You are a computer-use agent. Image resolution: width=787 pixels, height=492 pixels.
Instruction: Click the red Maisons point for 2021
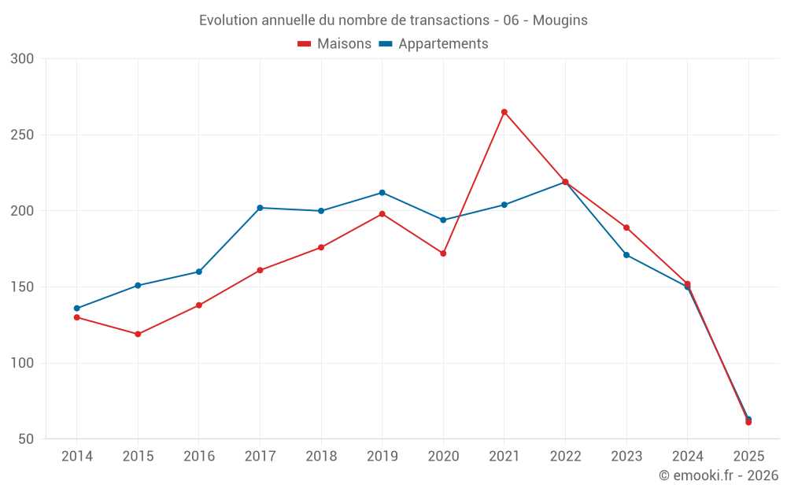pos(504,112)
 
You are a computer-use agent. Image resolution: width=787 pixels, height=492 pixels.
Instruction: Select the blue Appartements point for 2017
pos(260,208)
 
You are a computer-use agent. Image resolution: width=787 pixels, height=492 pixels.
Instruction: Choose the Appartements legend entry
pos(434,44)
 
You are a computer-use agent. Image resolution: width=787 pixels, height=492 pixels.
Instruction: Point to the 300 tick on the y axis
pos(23,59)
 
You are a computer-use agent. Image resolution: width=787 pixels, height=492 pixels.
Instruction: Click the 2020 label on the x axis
pos(443,457)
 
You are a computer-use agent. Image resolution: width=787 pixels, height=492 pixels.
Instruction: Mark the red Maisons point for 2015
pos(138,334)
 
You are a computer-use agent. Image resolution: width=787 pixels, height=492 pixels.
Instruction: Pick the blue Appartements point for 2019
pos(382,193)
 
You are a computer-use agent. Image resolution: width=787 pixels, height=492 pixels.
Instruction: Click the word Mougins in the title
pos(560,20)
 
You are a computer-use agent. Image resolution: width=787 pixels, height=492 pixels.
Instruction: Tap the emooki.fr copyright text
pos(719,475)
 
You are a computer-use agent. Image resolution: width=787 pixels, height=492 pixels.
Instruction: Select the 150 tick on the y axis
pos(23,287)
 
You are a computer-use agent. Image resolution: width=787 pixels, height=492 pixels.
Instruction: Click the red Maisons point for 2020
pos(443,253)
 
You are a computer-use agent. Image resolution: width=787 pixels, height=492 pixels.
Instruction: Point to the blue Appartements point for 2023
pos(626,255)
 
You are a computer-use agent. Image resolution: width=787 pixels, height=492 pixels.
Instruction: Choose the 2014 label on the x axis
pos(77,457)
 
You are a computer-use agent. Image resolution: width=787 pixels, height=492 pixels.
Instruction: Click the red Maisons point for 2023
pos(626,228)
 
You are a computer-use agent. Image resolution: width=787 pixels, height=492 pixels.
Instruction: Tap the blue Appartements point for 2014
pos(77,309)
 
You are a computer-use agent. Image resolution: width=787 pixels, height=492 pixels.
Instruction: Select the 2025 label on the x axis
pos(748,457)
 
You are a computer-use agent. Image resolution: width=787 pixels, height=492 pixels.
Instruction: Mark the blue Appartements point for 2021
pos(504,205)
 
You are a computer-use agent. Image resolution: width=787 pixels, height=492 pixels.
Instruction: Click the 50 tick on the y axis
pos(26,439)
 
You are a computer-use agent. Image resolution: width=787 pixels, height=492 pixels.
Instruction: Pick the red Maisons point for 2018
pos(321,247)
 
